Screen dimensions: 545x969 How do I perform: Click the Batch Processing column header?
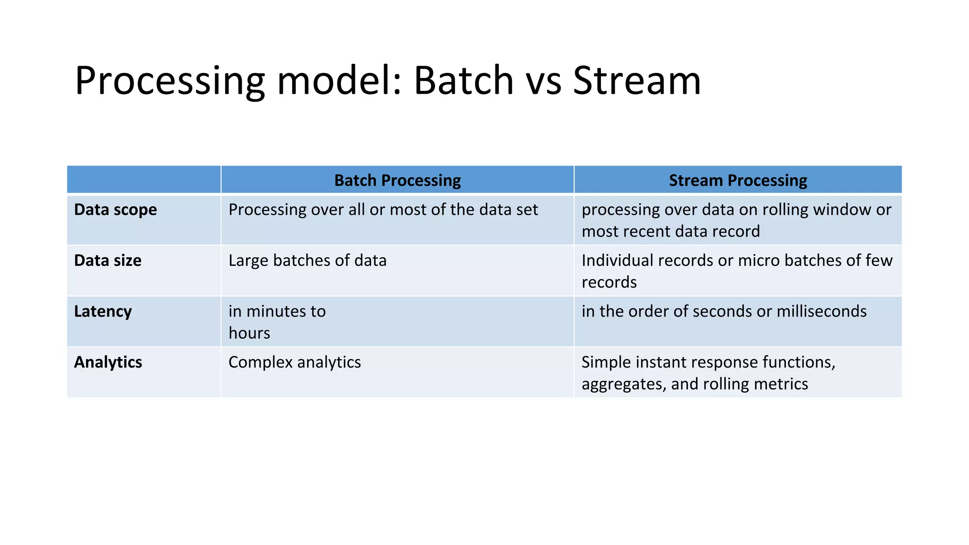click(x=397, y=180)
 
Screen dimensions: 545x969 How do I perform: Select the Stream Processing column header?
click(x=738, y=180)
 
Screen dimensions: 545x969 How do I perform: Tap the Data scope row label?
click(x=115, y=210)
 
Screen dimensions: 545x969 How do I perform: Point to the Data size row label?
click(x=108, y=260)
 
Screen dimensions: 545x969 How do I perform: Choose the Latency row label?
click(x=103, y=311)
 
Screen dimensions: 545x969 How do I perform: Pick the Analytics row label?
click(x=108, y=362)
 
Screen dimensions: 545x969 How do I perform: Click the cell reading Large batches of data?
click(x=308, y=260)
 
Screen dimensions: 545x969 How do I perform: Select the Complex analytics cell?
click(x=295, y=362)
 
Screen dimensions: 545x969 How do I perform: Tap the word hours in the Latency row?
click(x=249, y=333)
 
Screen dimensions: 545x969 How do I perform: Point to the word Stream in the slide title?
click(x=636, y=80)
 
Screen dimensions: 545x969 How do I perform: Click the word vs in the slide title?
click(x=544, y=80)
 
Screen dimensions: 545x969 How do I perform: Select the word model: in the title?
click(x=339, y=80)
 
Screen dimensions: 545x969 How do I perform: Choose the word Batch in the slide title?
click(x=464, y=80)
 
